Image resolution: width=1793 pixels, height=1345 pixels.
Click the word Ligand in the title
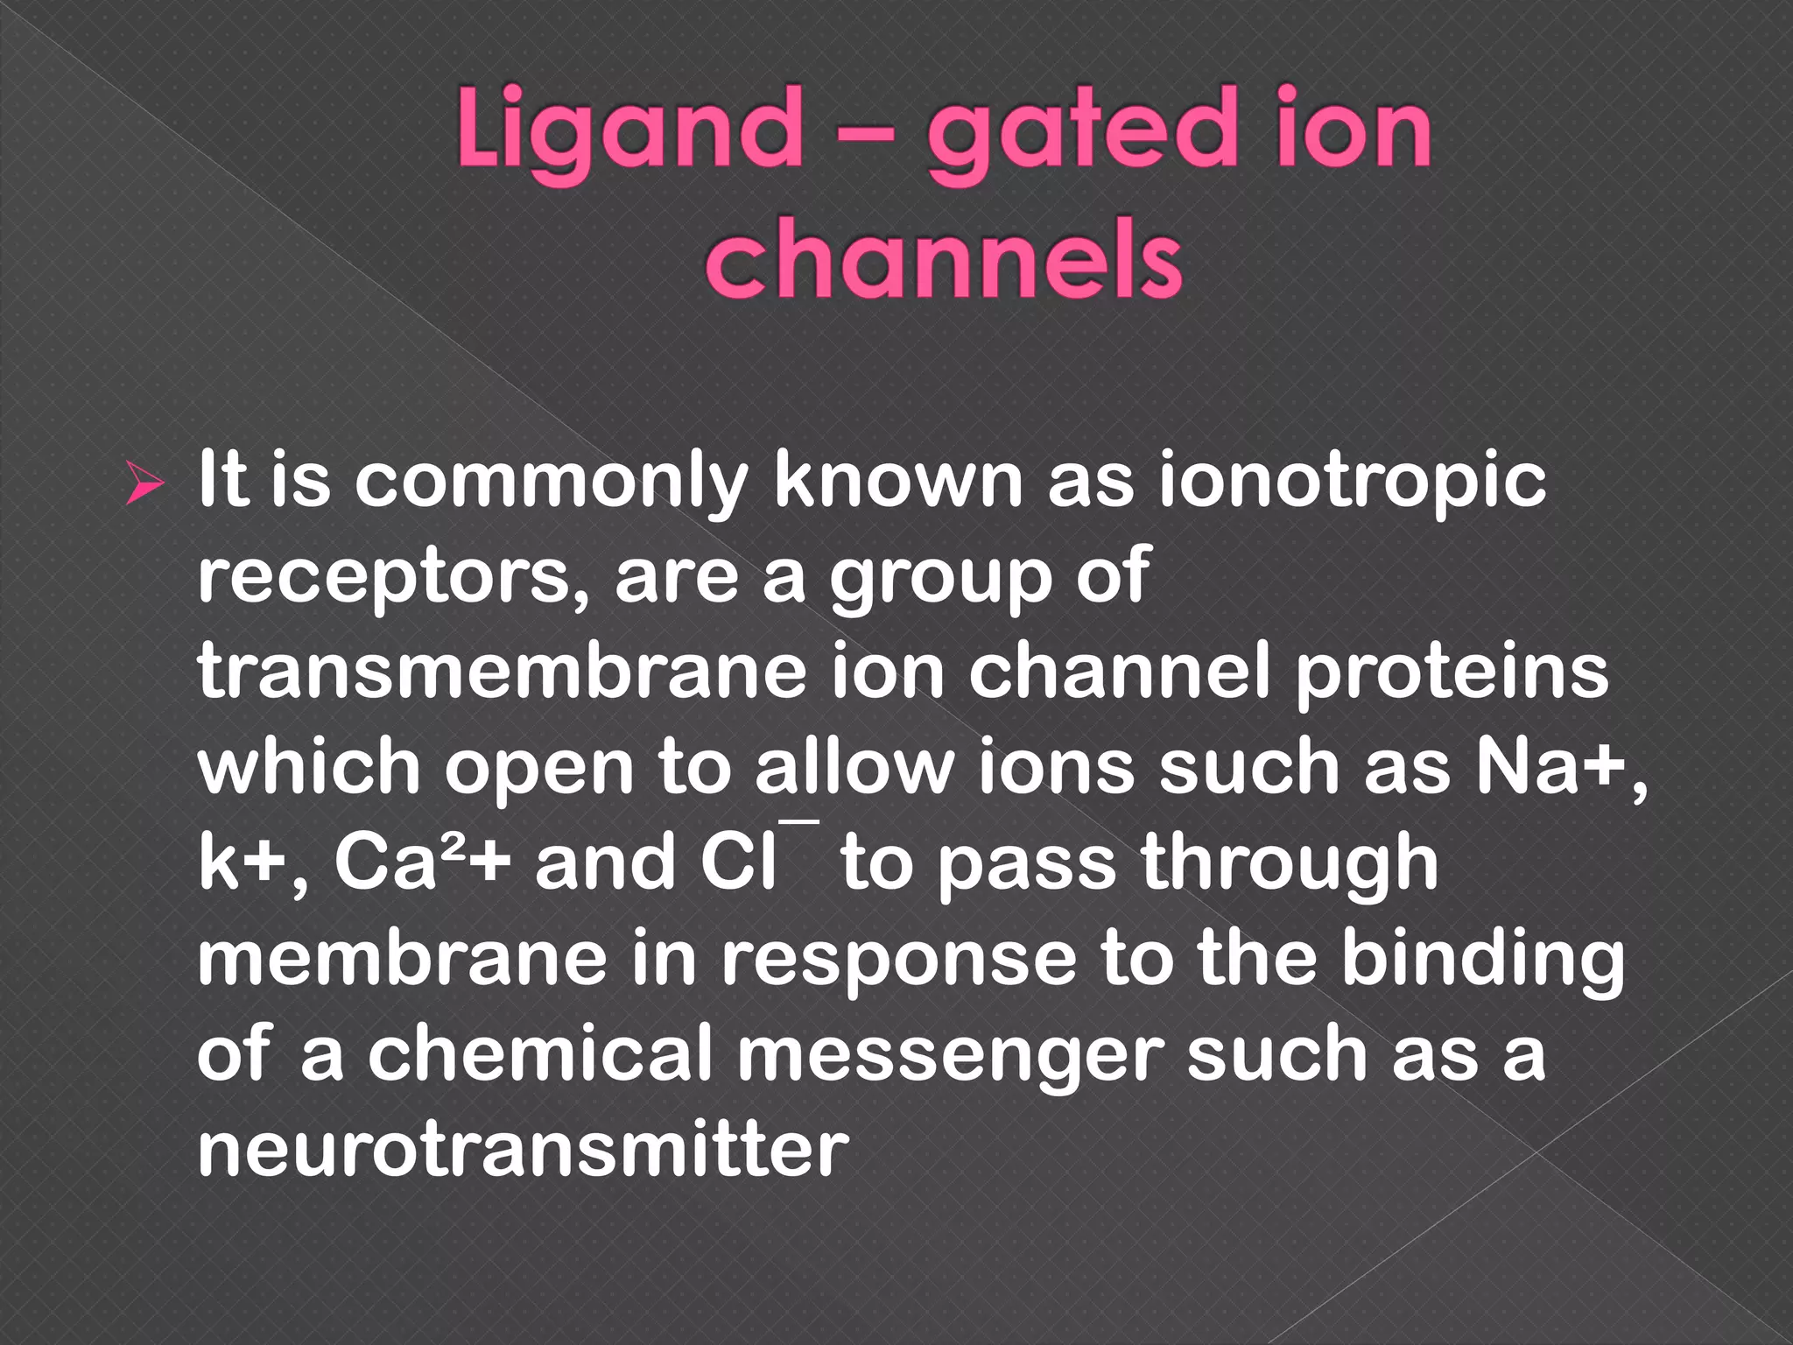[629, 131]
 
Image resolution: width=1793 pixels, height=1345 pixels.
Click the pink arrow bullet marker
[144, 484]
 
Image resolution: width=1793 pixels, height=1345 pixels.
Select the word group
[940, 580]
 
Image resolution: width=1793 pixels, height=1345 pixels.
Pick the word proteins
[1452, 674]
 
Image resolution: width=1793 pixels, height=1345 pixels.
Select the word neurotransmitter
[524, 1148]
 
